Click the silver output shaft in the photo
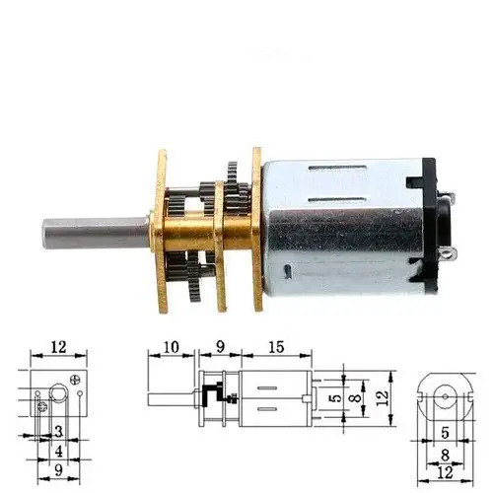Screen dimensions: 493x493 click(97, 233)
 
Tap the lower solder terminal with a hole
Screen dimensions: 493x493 click(449, 253)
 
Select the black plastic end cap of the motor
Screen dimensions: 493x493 click(427, 226)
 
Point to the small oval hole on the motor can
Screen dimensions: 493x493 click(288, 271)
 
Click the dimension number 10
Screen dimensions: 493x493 click(171, 347)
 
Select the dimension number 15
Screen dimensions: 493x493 click(276, 347)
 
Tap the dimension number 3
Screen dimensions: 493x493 click(59, 431)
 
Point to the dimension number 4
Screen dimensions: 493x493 click(59, 452)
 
